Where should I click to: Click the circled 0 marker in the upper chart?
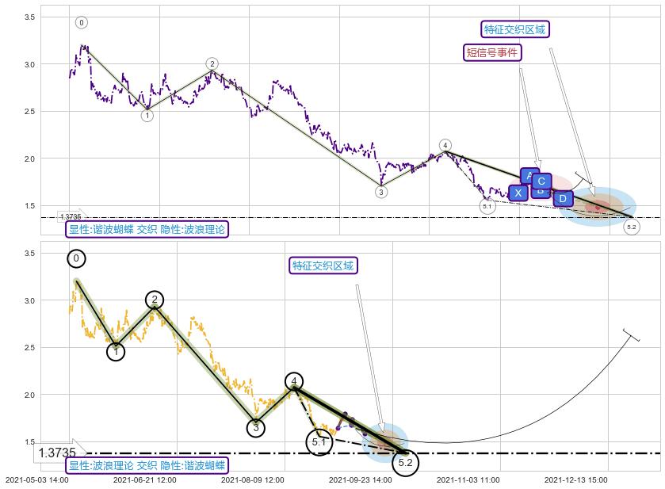[x=82, y=22]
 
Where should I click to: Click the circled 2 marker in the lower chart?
[x=155, y=300]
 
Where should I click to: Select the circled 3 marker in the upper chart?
[x=381, y=192]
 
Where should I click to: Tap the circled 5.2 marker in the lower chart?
[x=405, y=462]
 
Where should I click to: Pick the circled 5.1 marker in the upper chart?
[x=487, y=206]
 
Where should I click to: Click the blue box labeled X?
[x=518, y=193]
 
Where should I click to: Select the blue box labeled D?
[x=562, y=198]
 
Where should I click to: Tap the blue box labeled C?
[x=541, y=181]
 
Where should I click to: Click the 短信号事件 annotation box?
[x=492, y=53]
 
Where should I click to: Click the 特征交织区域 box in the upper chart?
[x=515, y=29]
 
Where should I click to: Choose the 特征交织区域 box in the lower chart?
[x=323, y=266]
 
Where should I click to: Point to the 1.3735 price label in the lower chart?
[x=57, y=453]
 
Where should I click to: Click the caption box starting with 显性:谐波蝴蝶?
[x=147, y=230]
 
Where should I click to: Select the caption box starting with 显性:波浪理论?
[x=147, y=466]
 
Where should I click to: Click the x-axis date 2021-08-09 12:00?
[x=251, y=479]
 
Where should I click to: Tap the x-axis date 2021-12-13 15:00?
[x=576, y=479]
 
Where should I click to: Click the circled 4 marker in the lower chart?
[x=294, y=381]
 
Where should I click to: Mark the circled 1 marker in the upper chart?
[x=147, y=116]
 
